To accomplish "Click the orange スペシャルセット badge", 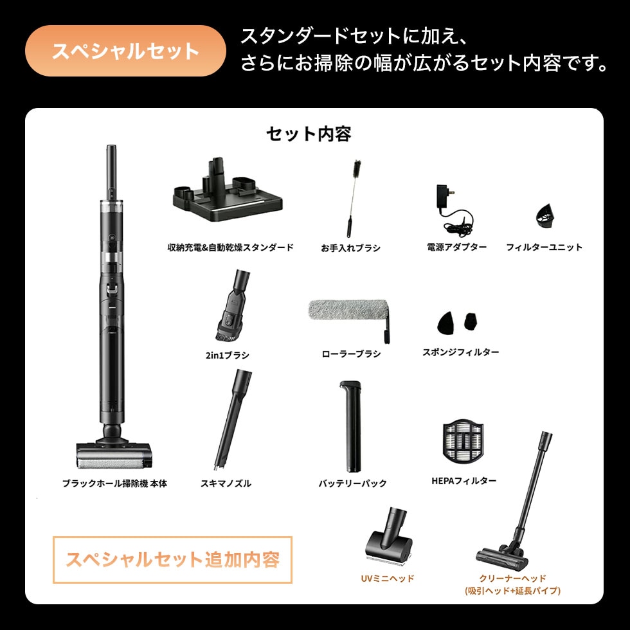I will click(125, 51).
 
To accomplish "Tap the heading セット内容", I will click(309, 134).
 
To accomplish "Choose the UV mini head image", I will click(386, 536).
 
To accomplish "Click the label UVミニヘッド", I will click(387, 579).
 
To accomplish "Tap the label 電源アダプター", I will click(456, 247).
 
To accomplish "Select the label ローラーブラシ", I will click(351, 354).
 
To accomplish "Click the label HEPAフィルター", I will click(464, 480).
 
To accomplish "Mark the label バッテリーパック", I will click(352, 483).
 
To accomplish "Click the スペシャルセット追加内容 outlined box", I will click(172, 559).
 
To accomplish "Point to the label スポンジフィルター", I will click(460, 352).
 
